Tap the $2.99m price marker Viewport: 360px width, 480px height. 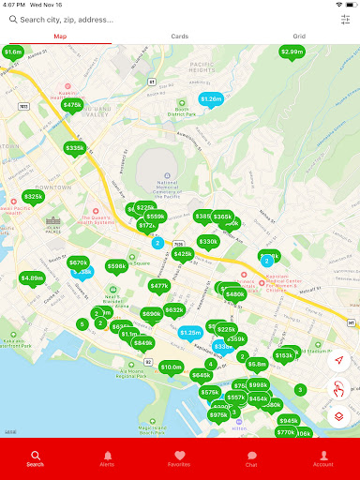pyautogui.click(x=292, y=52)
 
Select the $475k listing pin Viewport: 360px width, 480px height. pyautogui.click(x=72, y=105)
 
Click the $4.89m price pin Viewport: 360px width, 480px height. pyautogui.click(x=32, y=277)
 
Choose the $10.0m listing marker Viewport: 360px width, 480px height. pyautogui.click(x=171, y=367)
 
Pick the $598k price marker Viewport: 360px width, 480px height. pyautogui.click(x=116, y=266)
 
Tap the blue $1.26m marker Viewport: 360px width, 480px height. pyautogui.click(x=211, y=98)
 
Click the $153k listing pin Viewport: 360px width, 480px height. pyautogui.click(x=284, y=355)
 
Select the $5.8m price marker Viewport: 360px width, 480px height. pyautogui.click(x=257, y=364)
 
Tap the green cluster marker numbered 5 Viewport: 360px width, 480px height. pyautogui.click(x=82, y=324)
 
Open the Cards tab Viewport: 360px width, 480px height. pyautogui.click(x=179, y=37)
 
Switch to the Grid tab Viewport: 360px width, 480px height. pyautogui.click(x=299, y=37)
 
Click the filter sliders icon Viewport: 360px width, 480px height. pyautogui.click(x=345, y=19)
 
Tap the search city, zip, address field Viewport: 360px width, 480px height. pyautogui.click(x=169, y=19)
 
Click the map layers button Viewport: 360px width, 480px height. pyautogui.click(x=339, y=416)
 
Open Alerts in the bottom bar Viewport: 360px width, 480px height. pyautogui.click(x=107, y=457)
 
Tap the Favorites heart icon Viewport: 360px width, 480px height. pyautogui.click(x=179, y=457)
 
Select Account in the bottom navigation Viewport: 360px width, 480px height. pyautogui.click(x=322, y=457)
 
